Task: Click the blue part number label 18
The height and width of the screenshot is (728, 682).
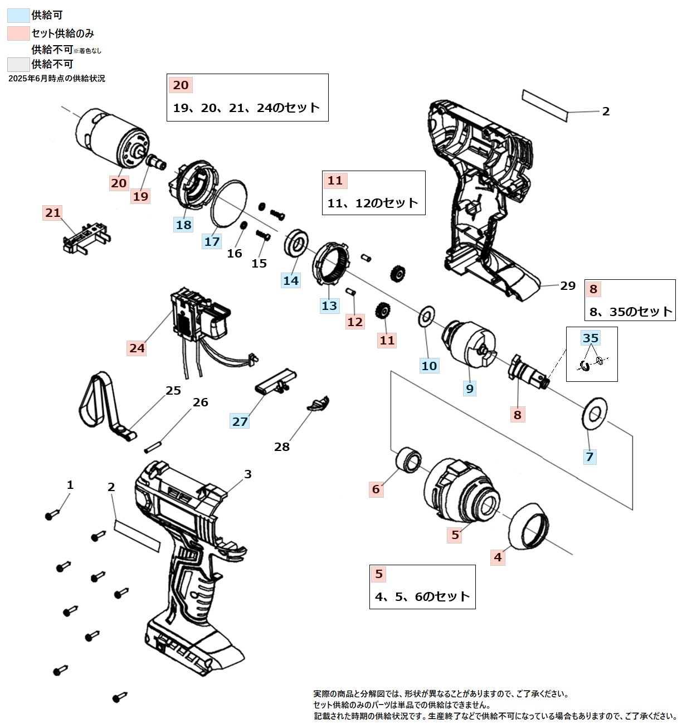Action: coord(183,225)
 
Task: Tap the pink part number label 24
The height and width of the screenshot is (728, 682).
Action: coord(137,348)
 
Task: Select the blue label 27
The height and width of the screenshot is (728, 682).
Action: coord(240,421)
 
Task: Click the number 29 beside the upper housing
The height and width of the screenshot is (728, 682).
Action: coord(567,286)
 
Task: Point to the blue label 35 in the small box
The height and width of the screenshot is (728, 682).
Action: coord(590,338)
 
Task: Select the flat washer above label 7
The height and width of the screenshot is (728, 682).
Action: coord(595,414)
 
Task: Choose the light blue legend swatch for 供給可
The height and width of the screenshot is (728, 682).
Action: coord(18,15)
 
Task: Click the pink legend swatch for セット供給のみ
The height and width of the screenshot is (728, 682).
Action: coord(18,33)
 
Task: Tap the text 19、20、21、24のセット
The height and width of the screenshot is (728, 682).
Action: coord(246,108)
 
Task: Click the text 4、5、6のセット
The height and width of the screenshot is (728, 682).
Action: coord(422,596)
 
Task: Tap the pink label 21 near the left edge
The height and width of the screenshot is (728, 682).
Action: coord(53,212)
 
